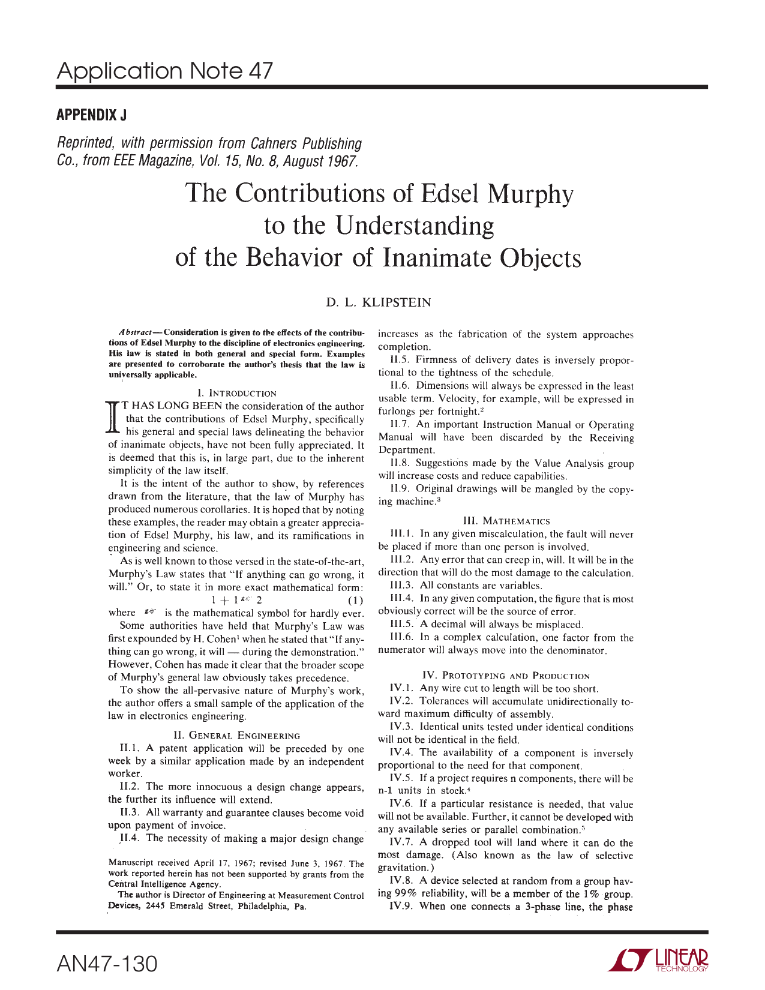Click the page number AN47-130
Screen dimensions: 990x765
pos(107,964)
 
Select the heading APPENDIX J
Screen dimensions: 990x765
pos(91,115)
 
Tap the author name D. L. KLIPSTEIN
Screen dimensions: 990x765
pos(379,302)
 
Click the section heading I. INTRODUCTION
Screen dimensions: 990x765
pos(236,394)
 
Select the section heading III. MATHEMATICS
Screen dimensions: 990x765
pos(506,521)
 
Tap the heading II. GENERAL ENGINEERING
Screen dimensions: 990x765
pos(236,736)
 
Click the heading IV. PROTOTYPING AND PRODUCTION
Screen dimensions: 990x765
pos(506,676)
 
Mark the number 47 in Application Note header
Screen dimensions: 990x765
pos(259,71)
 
